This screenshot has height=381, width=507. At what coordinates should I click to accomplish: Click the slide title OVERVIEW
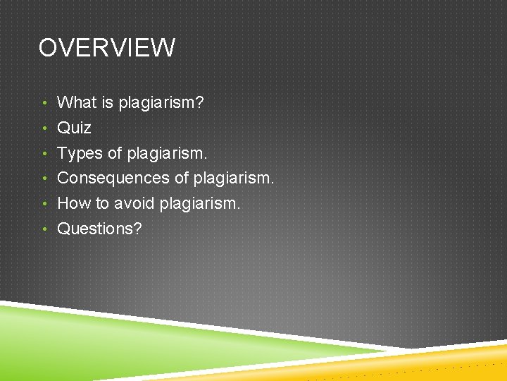pos(107,48)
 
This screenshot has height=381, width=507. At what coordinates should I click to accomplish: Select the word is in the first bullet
pos(107,102)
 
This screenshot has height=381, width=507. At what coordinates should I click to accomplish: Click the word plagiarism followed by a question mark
pos(161,103)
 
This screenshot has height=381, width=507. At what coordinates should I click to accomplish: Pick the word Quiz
pos(74,128)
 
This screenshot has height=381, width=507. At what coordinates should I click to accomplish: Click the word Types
pos(79,153)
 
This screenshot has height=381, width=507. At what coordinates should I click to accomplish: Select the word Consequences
pos(113,178)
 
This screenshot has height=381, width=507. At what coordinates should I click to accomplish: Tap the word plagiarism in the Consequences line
pos(232,178)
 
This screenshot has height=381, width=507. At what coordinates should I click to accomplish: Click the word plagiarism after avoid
pos(200,203)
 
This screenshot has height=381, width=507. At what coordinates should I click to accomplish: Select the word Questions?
pos(99,229)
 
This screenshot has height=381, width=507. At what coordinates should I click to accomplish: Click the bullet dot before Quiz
pos(44,128)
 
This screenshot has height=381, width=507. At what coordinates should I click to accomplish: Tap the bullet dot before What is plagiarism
pos(44,103)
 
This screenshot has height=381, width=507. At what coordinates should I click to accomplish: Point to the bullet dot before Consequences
pos(44,179)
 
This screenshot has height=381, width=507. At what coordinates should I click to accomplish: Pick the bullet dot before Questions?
pos(44,229)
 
